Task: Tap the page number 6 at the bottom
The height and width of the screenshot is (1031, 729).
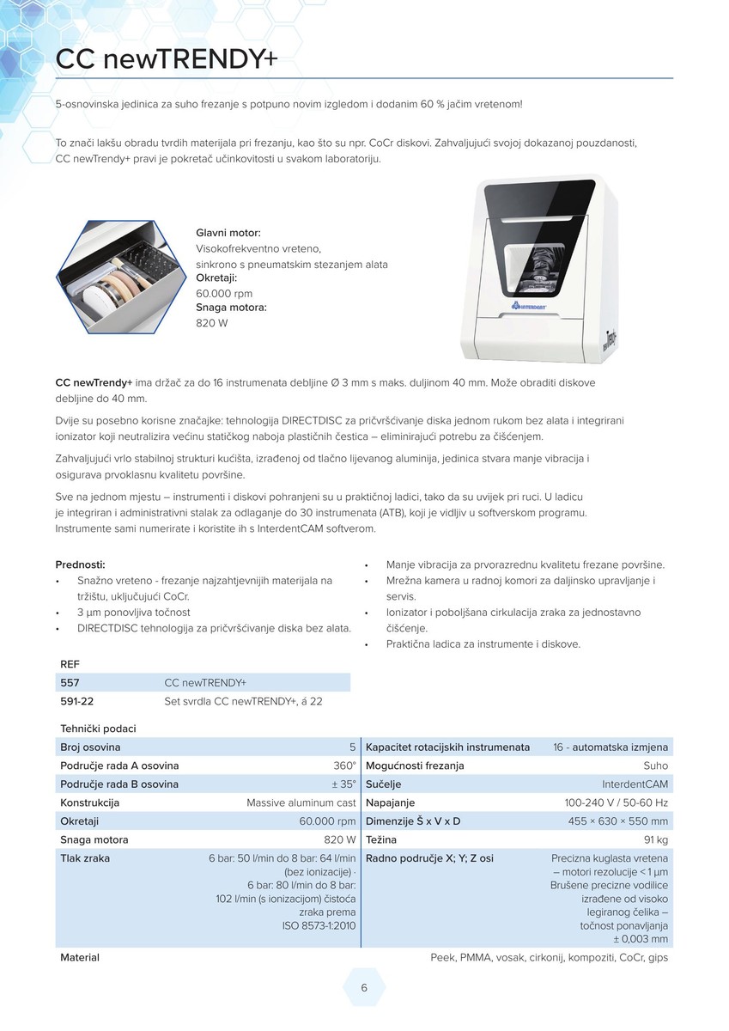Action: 364,988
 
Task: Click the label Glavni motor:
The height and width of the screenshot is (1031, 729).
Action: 228,233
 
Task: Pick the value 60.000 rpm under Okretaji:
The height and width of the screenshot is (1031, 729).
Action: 224,293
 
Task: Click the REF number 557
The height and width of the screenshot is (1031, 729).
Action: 70,682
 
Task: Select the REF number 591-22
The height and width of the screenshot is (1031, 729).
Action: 76,701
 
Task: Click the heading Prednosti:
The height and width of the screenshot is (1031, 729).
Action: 80,564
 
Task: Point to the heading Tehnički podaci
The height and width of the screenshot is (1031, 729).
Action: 98,729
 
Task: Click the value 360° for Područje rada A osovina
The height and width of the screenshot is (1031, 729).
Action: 344,766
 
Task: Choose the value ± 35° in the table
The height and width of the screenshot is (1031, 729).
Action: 343,784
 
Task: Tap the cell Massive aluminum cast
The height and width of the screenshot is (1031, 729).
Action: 301,802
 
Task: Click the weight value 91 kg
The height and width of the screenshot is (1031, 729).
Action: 655,839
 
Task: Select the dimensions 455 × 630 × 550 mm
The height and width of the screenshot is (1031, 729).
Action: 617,821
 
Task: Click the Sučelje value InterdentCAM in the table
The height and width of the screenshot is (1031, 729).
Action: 635,784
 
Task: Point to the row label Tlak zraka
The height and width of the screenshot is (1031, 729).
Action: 85,858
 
